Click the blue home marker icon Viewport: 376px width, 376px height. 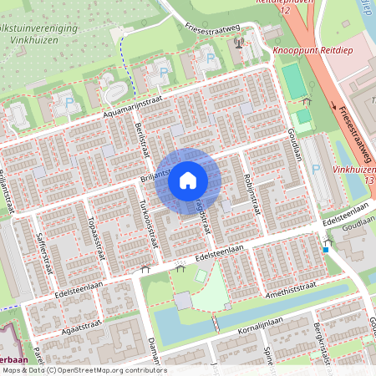tap(188, 180)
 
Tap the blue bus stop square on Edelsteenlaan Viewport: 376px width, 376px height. tap(326, 249)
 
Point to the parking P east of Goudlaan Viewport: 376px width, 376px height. tap(317, 170)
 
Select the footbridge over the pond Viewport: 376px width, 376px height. tap(216, 322)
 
